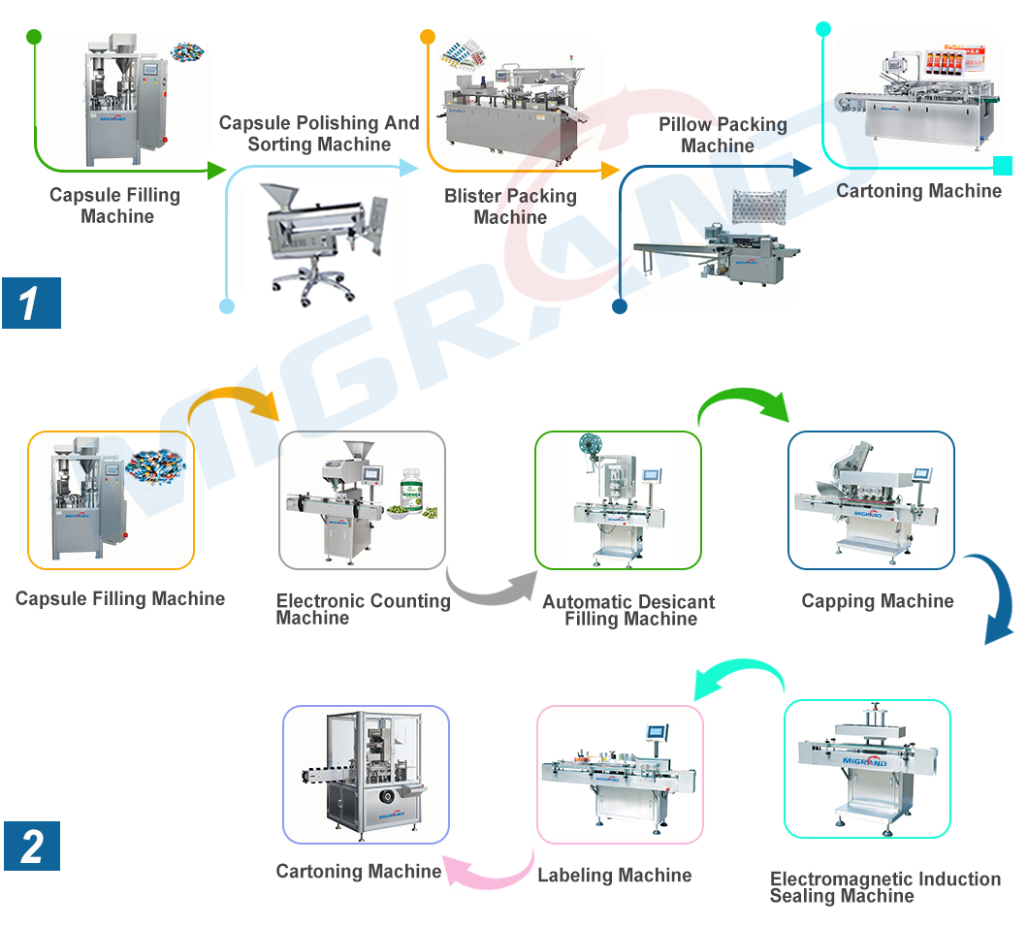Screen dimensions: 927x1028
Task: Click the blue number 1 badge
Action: [x=31, y=303]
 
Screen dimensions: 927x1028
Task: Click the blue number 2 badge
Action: [x=31, y=846]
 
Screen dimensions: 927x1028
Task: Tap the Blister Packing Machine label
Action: [x=510, y=207]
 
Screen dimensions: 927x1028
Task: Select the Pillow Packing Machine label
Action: [x=722, y=135]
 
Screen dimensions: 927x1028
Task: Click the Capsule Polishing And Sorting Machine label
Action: [x=319, y=134]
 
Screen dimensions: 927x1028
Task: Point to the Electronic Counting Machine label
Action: [x=363, y=608]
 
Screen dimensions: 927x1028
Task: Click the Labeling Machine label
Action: [x=615, y=876]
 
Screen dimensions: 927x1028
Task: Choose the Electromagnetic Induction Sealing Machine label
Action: [x=884, y=886]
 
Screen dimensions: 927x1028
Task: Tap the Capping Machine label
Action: [x=877, y=601]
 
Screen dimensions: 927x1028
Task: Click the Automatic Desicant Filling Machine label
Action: [x=628, y=610]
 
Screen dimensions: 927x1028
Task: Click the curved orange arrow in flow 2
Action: [x=233, y=402]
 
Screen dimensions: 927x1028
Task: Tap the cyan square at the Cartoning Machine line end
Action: [x=1003, y=166]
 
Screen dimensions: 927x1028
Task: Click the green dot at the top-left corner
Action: [x=34, y=37]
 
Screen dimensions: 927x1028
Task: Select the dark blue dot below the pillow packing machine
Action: [x=619, y=306]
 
